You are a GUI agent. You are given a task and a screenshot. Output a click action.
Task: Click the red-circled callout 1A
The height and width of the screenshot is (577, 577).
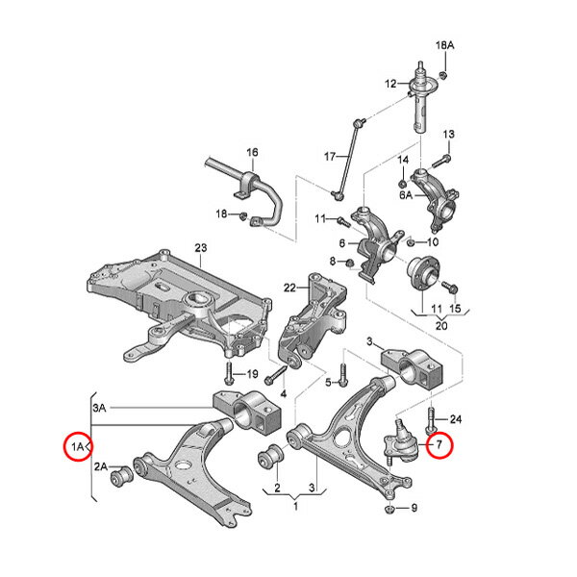[x=78, y=446]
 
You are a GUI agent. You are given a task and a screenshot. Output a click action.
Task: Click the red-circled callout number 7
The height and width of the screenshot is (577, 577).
[x=440, y=445]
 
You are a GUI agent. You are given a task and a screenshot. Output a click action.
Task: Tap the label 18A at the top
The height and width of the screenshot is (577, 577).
[x=445, y=45]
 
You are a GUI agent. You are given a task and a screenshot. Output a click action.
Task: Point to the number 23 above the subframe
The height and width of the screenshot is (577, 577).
[x=201, y=248]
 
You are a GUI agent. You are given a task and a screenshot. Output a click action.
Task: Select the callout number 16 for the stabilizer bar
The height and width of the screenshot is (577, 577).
[x=252, y=152]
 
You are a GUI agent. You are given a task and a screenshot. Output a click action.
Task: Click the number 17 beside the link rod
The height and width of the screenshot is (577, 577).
[x=330, y=157]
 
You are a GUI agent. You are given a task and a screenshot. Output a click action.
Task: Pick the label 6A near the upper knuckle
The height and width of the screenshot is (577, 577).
[x=406, y=195]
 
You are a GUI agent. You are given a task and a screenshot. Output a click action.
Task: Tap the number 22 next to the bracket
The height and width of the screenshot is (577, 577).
[x=289, y=288]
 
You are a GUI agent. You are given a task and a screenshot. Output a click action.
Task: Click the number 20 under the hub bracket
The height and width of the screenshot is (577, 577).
[x=441, y=326]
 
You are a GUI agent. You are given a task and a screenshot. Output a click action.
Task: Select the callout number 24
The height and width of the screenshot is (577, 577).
[x=456, y=419]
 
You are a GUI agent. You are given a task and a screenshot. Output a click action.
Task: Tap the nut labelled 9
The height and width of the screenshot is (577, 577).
[x=389, y=510]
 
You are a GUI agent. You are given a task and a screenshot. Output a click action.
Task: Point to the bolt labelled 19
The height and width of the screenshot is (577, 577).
[x=229, y=374]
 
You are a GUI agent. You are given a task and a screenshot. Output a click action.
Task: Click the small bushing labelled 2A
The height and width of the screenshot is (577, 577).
[x=121, y=476]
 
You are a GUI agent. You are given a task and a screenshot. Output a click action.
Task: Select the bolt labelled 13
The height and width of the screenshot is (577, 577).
[x=441, y=161]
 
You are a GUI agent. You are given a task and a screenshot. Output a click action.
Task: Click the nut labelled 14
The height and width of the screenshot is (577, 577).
[x=403, y=183]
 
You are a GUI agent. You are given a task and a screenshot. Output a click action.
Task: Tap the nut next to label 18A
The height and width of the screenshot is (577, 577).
[x=443, y=75]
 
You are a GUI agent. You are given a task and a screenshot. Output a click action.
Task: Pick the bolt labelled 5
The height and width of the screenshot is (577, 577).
[x=343, y=375]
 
